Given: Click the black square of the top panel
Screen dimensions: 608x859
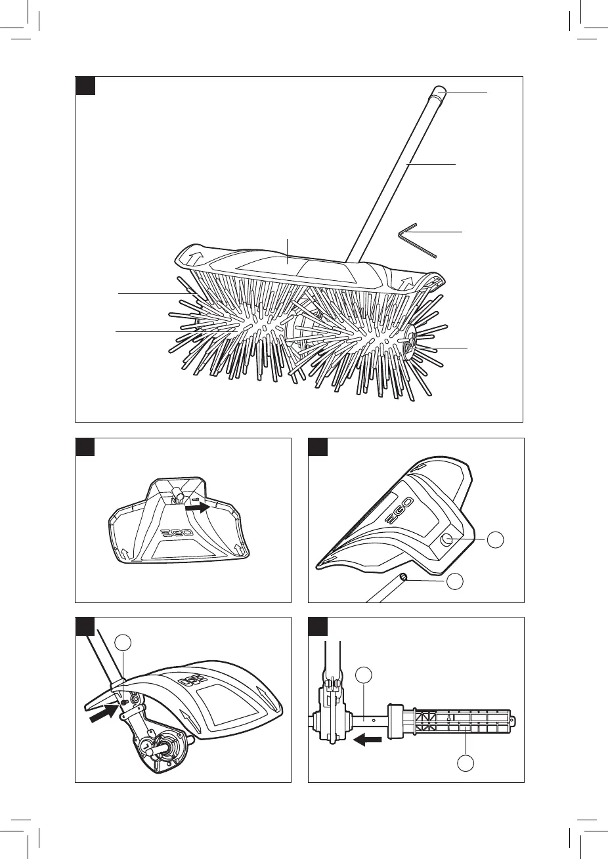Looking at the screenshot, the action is click(85, 86).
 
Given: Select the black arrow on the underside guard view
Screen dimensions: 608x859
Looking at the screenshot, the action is click(195, 507).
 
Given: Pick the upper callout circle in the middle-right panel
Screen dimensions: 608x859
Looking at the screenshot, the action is click(496, 540).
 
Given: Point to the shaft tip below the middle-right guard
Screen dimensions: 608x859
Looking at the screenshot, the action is click(404, 577).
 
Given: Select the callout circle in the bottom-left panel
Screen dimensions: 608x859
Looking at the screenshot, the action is click(123, 643).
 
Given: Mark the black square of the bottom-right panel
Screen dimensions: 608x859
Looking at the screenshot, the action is click(318, 627).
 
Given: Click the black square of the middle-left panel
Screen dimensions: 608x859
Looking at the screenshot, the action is click(85, 448).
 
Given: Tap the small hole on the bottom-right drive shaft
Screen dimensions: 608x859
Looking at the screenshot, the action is click(374, 719).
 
